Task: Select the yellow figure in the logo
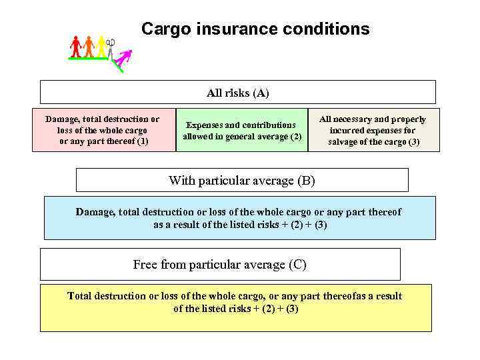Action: [101, 45]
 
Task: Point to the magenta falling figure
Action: [123, 59]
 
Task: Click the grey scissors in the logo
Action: [111, 45]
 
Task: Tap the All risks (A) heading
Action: [238, 93]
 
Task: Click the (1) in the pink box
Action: [141, 141]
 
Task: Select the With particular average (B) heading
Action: [241, 180]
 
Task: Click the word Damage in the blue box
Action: [95, 212]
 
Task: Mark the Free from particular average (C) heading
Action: [220, 265]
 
